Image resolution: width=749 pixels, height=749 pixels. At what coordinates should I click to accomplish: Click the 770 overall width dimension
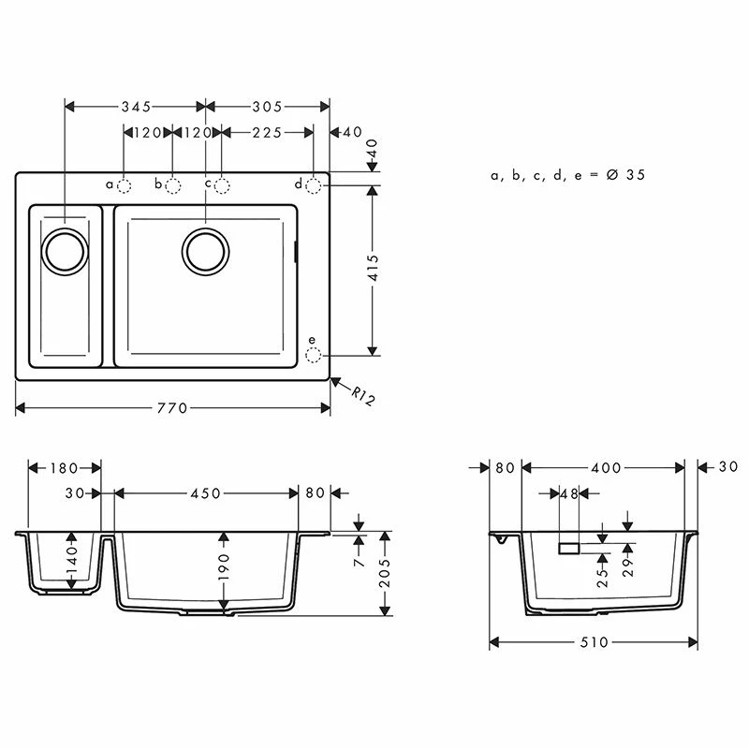pyautogui.click(x=172, y=408)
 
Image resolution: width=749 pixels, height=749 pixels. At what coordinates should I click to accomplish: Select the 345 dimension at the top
pyautogui.click(x=135, y=107)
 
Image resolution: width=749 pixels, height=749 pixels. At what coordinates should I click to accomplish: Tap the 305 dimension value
pyautogui.click(x=267, y=107)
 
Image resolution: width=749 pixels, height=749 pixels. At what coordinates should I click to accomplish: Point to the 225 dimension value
pyautogui.click(x=267, y=133)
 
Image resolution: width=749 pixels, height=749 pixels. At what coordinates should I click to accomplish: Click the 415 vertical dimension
pyautogui.click(x=373, y=270)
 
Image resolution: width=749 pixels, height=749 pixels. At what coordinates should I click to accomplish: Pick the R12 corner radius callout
pyautogui.click(x=362, y=396)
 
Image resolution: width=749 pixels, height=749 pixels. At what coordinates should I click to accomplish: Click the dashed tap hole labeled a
pyautogui.click(x=125, y=185)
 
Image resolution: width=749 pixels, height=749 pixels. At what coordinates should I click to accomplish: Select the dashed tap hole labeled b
pyautogui.click(x=173, y=185)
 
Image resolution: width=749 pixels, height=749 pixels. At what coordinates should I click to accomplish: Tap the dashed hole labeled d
pyautogui.click(x=314, y=185)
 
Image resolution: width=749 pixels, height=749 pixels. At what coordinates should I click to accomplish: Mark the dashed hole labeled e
pyautogui.click(x=314, y=356)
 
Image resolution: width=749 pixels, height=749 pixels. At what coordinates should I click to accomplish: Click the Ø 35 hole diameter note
pyautogui.click(x=568, y=175)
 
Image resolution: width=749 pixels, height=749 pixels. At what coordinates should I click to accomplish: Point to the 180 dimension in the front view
pyautogui.click(x=65, y=467)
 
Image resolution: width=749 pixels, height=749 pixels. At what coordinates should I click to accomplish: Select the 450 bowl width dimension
pyautogui.click(x=206, y=493)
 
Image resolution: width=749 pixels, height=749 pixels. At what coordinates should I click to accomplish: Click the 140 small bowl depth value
pyautogui.click(x=72, y=561)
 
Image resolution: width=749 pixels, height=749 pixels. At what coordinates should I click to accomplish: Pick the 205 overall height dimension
pyautogui.click(x=384, y=573)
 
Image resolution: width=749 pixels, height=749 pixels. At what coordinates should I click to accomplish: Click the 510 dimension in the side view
pyautogui.click(x=593, y=642)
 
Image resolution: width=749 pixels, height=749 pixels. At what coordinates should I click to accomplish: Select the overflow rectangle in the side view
pyautogui.click(x=568, y=548)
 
